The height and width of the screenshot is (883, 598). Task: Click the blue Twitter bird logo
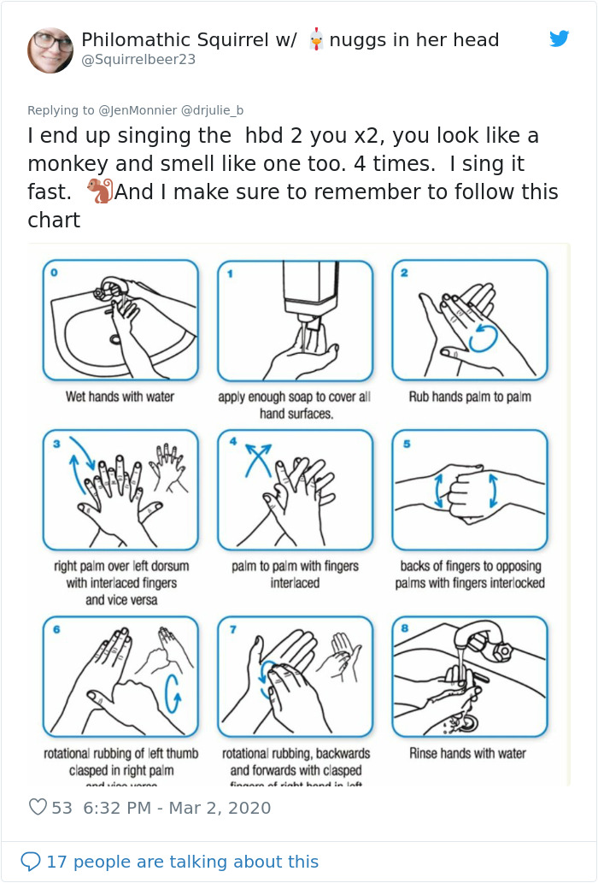tap(559, 38)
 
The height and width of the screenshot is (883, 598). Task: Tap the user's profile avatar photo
tap(50, 50)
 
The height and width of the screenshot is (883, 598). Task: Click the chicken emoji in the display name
tap(316, 39)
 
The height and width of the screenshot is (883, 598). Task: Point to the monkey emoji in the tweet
tap(99, 191)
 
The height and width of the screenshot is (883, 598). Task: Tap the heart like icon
tap(38, 807)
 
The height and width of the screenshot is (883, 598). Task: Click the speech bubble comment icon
tap(30, 861)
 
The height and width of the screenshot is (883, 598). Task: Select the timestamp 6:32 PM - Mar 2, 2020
tap(177, 808)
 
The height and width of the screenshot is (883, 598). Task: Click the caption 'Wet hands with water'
tap(120, 397)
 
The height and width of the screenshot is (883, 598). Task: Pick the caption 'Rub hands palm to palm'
tap(469, 397)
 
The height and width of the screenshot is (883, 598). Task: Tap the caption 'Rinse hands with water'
tap(467, 753)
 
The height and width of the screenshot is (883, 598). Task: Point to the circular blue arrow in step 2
tap(482, 337)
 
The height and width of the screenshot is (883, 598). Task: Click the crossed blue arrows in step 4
tap(257, 459)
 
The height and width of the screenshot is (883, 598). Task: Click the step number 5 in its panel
tap(406, 444)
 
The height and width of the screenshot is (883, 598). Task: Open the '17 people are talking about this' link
tap(182, 861)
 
